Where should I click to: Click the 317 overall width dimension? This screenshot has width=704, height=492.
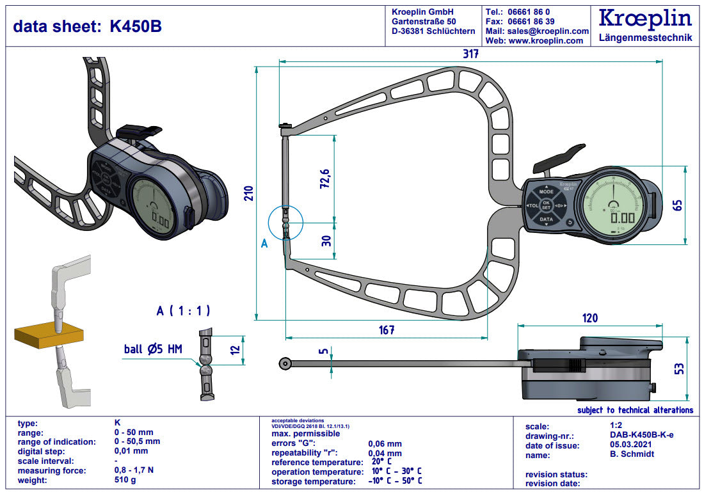(x=471, y=54)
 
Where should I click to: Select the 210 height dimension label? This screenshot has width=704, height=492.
(x=249, y=193)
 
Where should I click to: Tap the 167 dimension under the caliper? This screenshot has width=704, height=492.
(x=387, y=330)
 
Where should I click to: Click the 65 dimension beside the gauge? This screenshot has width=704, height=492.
(x=678, y=205)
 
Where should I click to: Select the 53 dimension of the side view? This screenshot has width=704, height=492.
(x=679, y=369)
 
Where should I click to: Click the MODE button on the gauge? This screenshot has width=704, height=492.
(x=546, y=191)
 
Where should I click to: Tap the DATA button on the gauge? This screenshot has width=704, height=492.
(x=546, y=219)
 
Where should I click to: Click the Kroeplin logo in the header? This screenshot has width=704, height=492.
(x=645, y=19)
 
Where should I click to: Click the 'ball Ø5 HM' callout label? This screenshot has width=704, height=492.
(x=153, y=349)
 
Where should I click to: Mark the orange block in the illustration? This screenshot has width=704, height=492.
(x=49, y=335)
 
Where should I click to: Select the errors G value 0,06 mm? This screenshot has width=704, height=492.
(x=385, y=443)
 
